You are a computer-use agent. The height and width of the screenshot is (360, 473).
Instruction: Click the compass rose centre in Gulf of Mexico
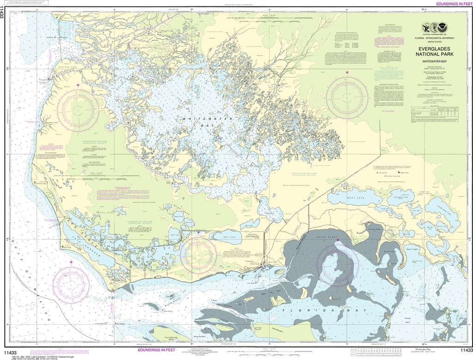click(x=71, y=285)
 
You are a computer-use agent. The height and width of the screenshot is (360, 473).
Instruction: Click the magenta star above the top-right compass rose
click(x=347, y=73)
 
